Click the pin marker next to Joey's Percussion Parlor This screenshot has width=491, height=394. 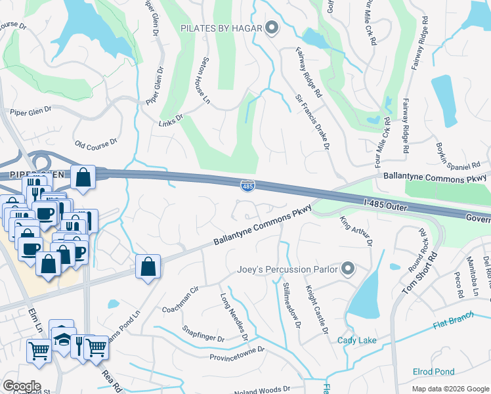coord(348,269)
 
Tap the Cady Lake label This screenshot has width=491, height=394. coord(357,340)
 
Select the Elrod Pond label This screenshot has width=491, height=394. coord(433,372)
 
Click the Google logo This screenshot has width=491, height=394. coord(21,386)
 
